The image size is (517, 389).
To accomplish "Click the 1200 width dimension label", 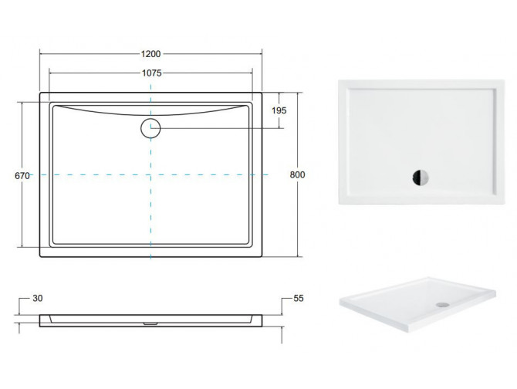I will [x=151, y=53].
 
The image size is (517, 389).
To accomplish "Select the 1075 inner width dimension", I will [x=151, y=73].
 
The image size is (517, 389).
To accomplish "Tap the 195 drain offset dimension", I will [x=279, y=111].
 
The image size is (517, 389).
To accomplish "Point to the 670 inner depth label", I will [x=22, y=176].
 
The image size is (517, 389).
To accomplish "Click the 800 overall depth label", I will [x=297, y=175].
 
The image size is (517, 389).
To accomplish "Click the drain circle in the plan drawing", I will [x=150, y=128].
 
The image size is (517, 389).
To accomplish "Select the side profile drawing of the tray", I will [x=151, y=319].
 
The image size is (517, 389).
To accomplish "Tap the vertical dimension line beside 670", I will [x=22, y=216].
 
